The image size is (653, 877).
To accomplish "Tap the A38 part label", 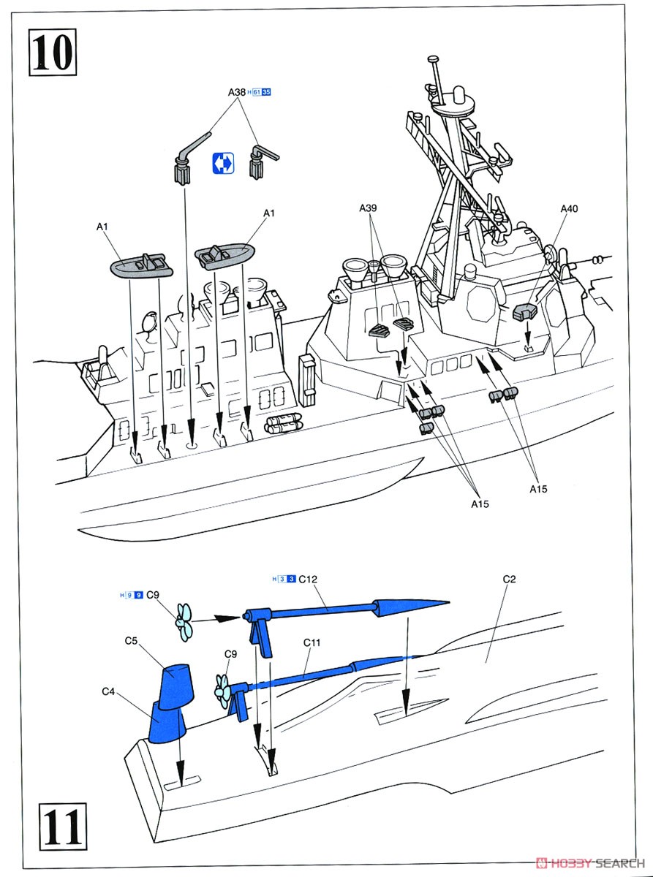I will point(236,93).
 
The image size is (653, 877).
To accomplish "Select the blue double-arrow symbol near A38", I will point(222,164).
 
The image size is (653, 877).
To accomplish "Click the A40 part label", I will point(569,209).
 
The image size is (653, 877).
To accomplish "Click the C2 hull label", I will point(510,580).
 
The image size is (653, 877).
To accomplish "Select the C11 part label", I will point(312,642).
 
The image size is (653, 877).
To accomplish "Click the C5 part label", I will point(132,641).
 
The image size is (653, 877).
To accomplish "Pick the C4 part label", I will point(108,691).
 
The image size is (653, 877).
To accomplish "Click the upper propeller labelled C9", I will point(183,620).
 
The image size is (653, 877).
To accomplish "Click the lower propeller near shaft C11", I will point(222,688).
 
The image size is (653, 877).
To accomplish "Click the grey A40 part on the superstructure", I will point(526,311).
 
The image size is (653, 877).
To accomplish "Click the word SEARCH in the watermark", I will point(623,862).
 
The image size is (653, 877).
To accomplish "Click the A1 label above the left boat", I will point(102,227).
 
